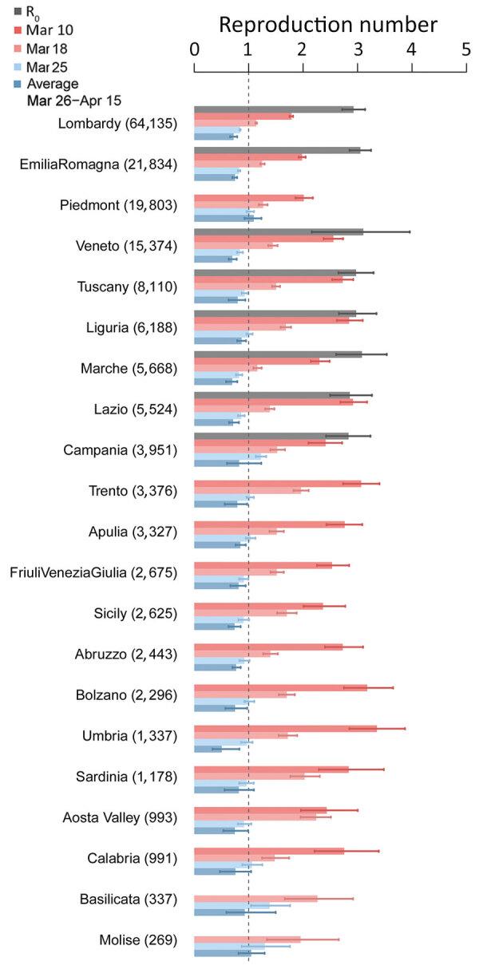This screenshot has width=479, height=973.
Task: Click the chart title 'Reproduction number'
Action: point(328,25)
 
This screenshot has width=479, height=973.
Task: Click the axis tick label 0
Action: point(195,49)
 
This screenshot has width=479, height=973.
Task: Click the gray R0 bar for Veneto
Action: point(278,231)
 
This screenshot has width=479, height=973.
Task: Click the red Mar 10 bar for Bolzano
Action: point(280,687)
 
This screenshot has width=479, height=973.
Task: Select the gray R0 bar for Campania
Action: point(271,436)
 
